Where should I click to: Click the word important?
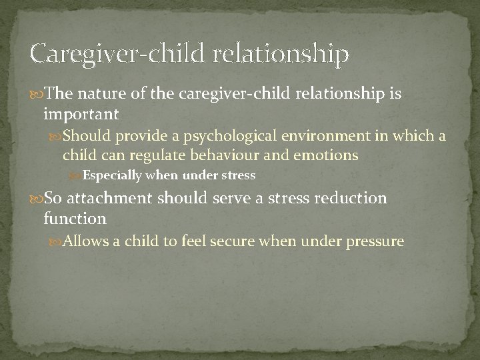click(81, 115)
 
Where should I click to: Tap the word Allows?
click(83, 241)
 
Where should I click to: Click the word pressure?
click(375, 241)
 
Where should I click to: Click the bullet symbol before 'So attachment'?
click(37, 199)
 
